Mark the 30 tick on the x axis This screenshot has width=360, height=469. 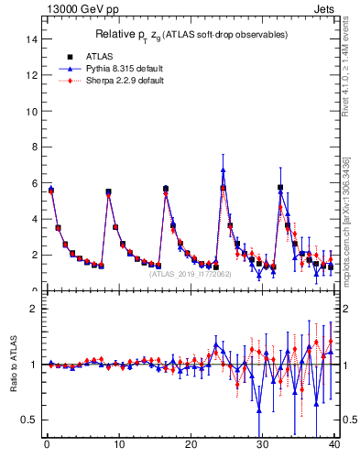pos(262,446)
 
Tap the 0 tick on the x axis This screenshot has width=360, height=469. pos(46,446)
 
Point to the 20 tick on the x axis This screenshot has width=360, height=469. pos(191,446)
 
